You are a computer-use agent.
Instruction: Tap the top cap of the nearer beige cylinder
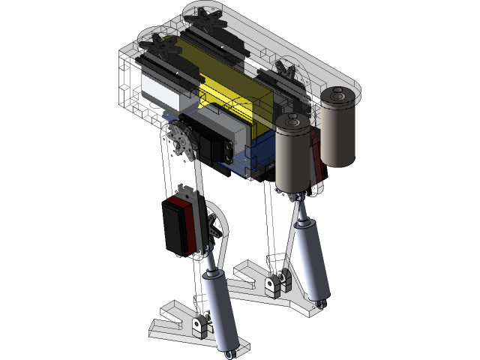(x=293, y=121)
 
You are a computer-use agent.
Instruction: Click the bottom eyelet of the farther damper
(x=321, y=304)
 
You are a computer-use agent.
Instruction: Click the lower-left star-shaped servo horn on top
(x=159, y=41)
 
